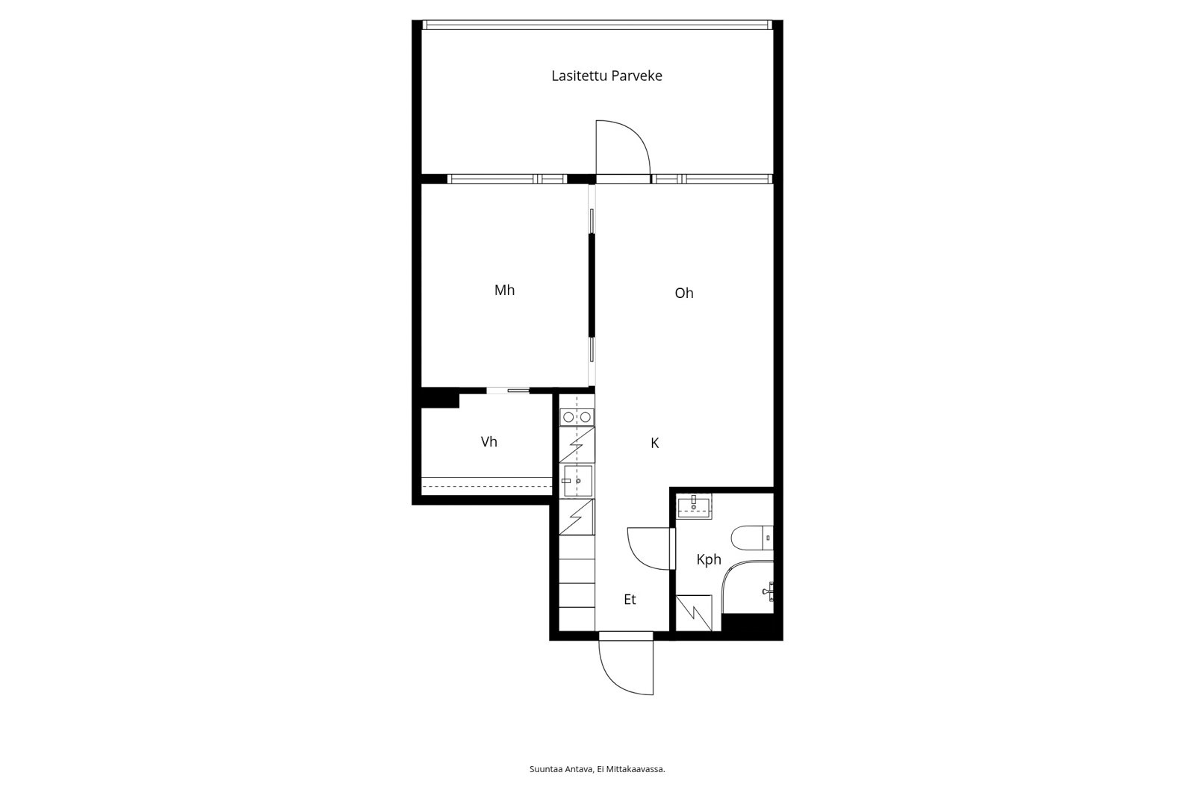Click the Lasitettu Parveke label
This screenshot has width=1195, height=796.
click(606, 75)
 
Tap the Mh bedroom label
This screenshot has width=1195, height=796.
click(504, 290)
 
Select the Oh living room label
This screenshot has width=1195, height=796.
click(684, 293)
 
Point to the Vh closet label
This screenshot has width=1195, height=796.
click(488, 442)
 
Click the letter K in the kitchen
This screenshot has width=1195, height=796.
click(654, 443)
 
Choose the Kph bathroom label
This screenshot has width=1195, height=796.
click(709, 559)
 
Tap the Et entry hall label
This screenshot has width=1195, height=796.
click(630, 599)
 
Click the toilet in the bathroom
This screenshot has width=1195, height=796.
click(751, 538)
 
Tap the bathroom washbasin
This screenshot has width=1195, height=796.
click(694, 506)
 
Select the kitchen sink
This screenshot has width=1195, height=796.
click(577, 481)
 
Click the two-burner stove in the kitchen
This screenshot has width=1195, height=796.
click(577, 417)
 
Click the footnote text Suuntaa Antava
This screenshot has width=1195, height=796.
click(561, 769)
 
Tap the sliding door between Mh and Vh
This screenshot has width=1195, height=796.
click(508, 391)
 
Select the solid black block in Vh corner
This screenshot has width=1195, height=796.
click(440, 398)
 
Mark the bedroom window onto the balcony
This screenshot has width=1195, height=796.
click(507, 178)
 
